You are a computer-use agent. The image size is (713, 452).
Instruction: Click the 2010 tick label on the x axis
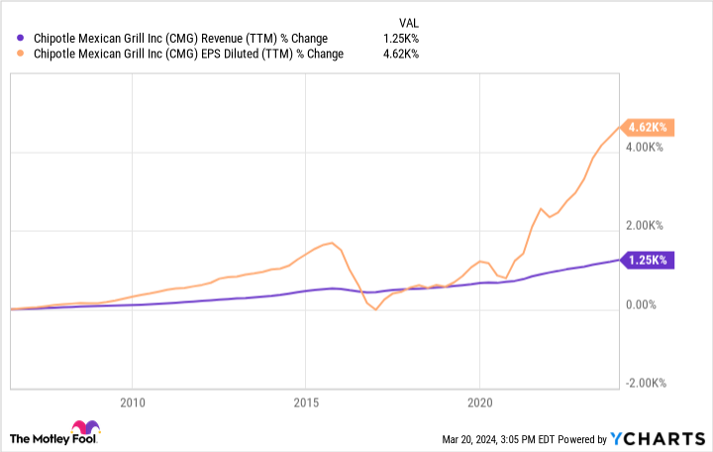(132, 403)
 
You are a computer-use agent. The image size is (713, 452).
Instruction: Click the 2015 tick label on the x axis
(305, 403)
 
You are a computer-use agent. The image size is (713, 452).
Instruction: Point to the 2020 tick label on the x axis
(479, 403)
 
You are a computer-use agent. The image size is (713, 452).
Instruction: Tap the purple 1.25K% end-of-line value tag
(648, 260)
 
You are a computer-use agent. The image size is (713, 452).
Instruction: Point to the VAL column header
(409, 20)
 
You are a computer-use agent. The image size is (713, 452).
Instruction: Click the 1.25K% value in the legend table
(401, 38)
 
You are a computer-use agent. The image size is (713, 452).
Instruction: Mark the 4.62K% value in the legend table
(401, 55)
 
